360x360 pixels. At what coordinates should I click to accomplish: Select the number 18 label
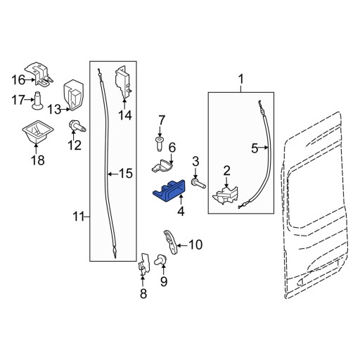(36, 160)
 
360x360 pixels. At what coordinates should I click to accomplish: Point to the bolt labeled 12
(75, 127)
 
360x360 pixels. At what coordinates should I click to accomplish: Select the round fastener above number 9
(161, 260)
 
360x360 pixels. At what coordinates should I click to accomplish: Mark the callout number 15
(124, 173)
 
